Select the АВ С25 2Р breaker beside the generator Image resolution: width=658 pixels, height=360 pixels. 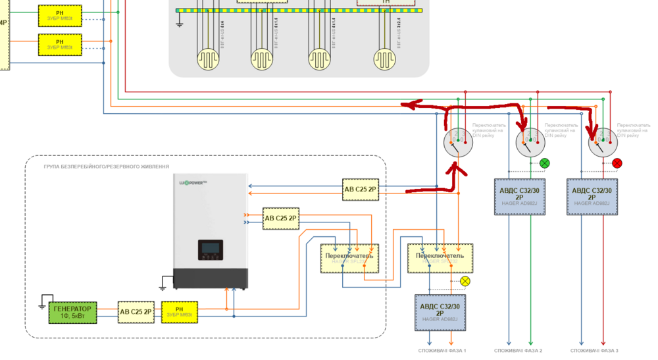tap(136, 311)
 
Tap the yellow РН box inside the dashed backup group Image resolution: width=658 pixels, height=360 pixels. tap(178, 311)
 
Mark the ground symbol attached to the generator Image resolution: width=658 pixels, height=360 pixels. tap(45, 298)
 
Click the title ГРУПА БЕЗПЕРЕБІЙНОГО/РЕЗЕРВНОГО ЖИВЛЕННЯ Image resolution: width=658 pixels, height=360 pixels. tap(106, 167)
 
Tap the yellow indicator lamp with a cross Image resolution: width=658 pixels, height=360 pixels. tap(465, 281)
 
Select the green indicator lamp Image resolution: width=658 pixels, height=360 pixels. tap(544, 163)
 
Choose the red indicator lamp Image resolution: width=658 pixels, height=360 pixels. tap(617, 163)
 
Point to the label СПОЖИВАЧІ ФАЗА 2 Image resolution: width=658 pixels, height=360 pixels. tap(518, 351)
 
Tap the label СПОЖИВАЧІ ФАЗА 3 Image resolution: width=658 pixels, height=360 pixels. tap(593, 351)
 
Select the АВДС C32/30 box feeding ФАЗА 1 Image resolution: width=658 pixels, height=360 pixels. tap(440, 313)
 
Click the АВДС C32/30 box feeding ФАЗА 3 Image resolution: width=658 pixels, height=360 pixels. tap(592, 196)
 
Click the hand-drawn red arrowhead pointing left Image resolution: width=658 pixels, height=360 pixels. tap(411, 104)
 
